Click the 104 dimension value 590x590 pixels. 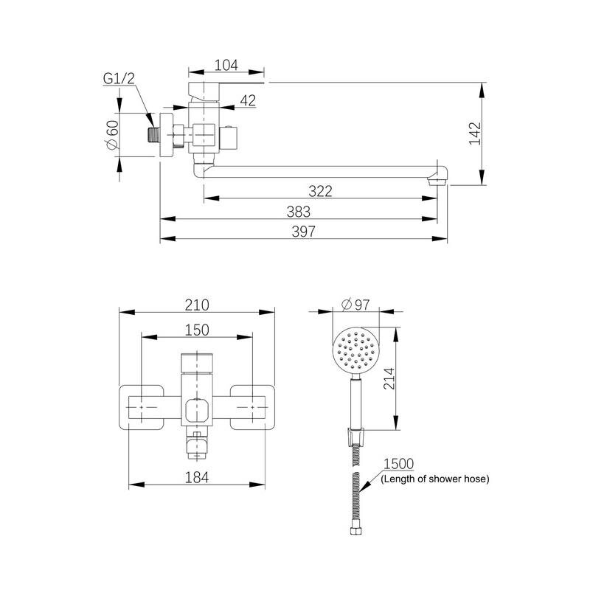tap(226, 65)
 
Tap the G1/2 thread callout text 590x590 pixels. tap(119, 79)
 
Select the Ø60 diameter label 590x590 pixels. tap(113, 135)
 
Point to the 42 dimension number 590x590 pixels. tap(248, 100)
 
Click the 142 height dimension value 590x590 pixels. tap(475, 133)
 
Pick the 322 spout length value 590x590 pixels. tap(320, 191)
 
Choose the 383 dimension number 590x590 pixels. tap(299, 212)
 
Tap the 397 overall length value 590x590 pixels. tap(303, 232)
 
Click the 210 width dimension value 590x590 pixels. tap(197, 305)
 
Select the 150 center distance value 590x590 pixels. tap(197, 330)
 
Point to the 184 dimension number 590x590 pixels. tap(197, 477)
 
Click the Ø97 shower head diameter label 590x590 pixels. tap(355, 305)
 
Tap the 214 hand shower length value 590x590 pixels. tap(389, 378)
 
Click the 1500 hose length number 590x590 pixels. tap(398, 464)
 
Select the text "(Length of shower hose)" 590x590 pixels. tap(435, 479)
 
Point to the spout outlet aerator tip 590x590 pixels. tap(437, 182)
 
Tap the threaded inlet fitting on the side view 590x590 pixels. tap(153, 135)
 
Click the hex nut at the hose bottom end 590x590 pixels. tap(355, 531)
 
